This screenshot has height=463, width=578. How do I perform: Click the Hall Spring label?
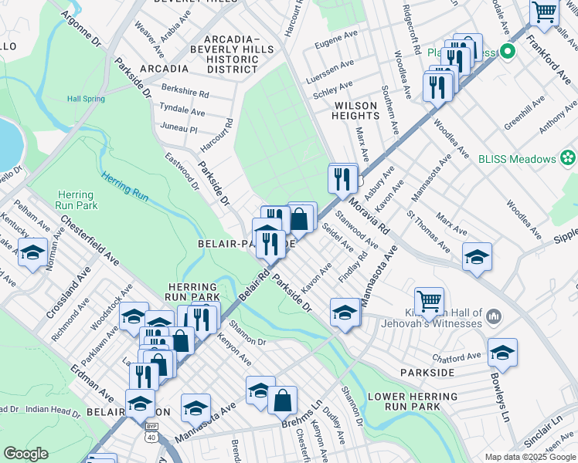pyautogui.click(x=85, y=99)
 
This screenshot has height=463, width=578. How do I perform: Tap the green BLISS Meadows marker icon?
pyautogui.click(x=569, y=159)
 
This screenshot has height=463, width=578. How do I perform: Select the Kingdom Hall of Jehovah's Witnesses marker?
pyautogui.click(x=495, y=316)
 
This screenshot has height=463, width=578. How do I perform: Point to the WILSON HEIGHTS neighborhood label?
pyautogui.click(x=355, y=110)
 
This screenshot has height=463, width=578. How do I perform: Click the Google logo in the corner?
pyautogui.click(x=25, y=454)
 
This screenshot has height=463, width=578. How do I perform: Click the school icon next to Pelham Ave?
pyautogui.click(x=33, y=252)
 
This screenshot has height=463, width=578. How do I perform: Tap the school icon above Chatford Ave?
pyautogui.click(x=502, y=353)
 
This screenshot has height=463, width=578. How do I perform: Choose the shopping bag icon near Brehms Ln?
pyautogui.click(x=284, y=400)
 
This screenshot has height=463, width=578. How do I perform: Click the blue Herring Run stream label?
pyautogui.click(x=124, y=187)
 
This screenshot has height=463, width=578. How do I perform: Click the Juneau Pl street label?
pyautogui.click(x=177, y=127)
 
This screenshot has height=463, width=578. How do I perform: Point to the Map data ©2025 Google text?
pyautogui.click(x=529, y=457)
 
